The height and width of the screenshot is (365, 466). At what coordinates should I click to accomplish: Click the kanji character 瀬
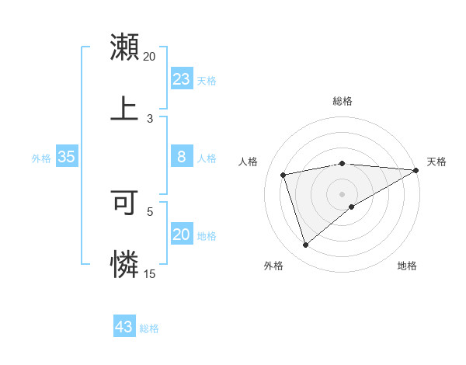124,47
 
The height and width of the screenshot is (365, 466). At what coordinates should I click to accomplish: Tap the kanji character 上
124,107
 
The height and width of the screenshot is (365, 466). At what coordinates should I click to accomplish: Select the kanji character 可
124,203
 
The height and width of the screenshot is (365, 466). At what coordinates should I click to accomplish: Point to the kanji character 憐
124,264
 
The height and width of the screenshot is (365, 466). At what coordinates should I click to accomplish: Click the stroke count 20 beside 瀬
149,57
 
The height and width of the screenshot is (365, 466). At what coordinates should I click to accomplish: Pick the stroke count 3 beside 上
150,118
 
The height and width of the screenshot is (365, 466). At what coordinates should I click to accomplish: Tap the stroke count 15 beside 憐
149,273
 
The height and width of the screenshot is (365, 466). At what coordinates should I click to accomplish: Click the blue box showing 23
181,79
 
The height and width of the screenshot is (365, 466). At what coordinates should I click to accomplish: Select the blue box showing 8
181,157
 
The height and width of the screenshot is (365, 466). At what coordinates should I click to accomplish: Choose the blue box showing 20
181,235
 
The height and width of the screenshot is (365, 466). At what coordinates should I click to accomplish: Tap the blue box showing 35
66,157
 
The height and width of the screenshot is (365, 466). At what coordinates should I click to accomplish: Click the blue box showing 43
124,327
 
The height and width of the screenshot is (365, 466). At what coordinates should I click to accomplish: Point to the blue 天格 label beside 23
207,81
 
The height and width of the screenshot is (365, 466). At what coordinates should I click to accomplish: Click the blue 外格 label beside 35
41,158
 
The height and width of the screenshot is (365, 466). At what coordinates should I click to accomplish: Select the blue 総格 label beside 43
149,328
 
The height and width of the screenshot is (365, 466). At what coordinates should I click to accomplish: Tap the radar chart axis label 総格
343,101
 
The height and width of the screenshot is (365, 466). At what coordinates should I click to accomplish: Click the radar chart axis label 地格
407,266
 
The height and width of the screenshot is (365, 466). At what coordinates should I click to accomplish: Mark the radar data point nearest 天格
416,170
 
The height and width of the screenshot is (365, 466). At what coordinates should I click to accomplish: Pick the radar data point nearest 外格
305,245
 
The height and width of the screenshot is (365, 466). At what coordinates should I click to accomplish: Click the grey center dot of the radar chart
343,194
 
